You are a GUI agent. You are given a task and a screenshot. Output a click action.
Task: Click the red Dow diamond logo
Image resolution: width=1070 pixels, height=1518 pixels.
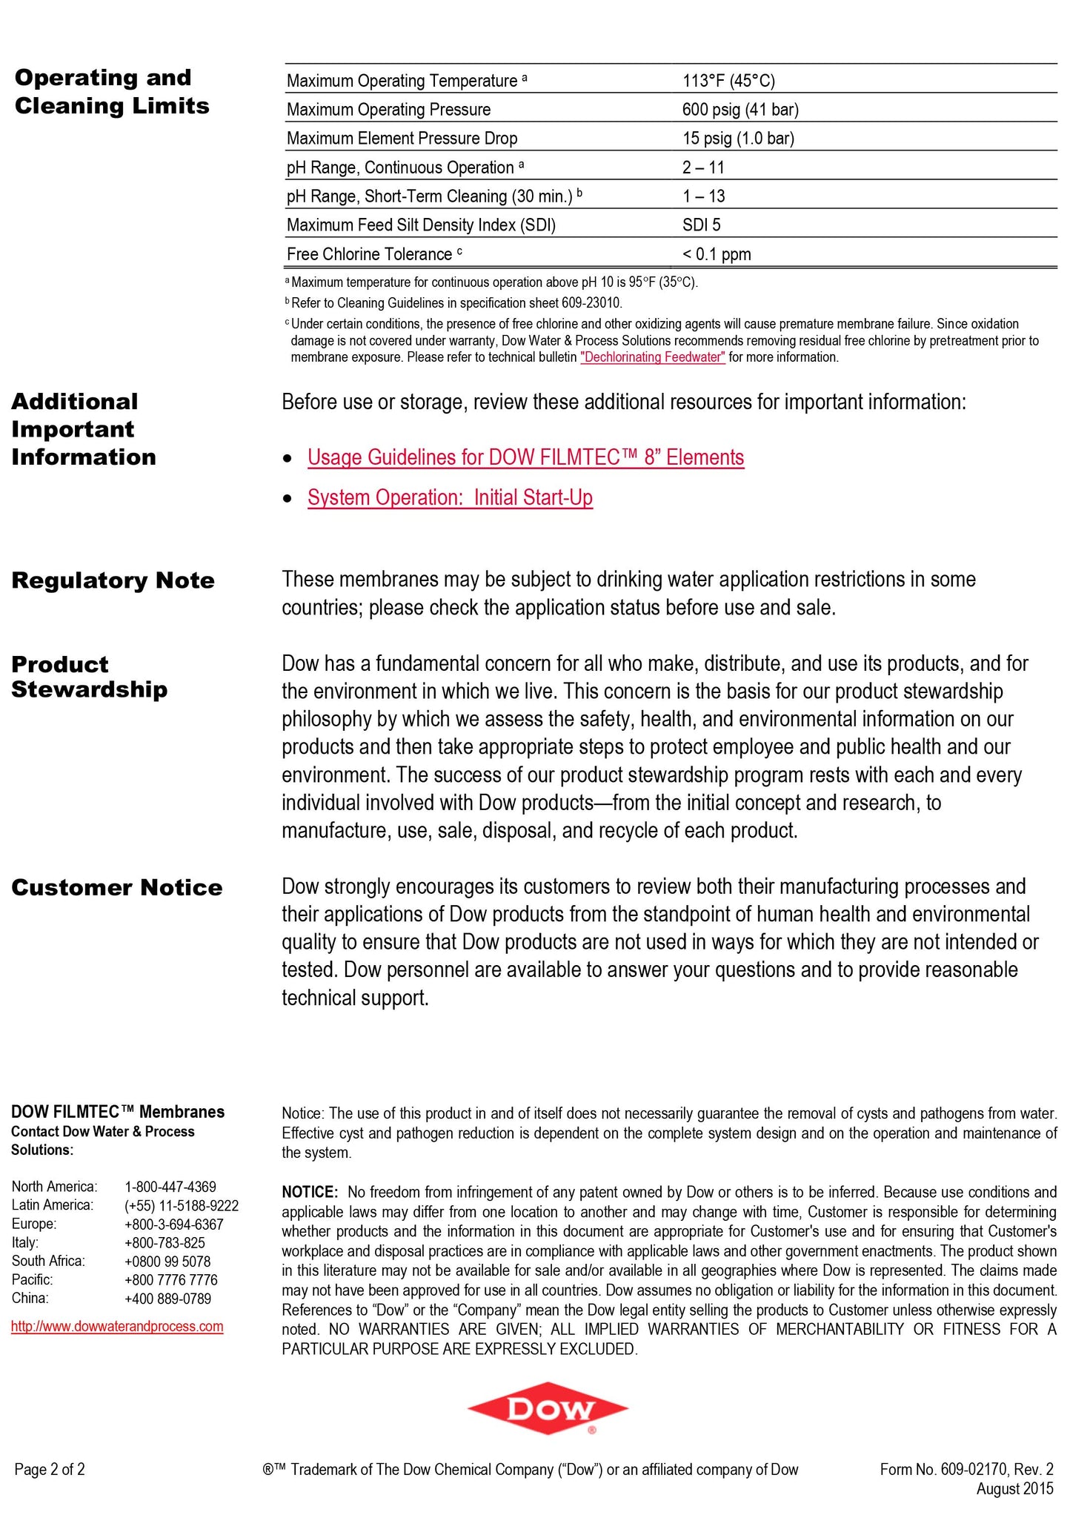pyautogui.click(x=548, y=1409)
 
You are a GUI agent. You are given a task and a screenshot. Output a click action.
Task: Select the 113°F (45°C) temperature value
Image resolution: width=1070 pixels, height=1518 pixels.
pyautogui.click(x=728, y=81)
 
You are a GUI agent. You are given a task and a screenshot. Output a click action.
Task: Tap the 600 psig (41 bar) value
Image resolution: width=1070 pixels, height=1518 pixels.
pyautogui.click(x=740, y=110)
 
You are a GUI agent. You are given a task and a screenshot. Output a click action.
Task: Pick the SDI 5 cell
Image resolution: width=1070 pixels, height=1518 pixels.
pyautogui.click(x=701, y=225)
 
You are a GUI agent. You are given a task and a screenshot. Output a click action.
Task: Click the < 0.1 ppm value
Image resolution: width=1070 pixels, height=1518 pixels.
pyautogui.click(x=716, y=254)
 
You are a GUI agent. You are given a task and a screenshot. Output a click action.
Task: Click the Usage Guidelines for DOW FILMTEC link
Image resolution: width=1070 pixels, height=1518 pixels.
pyautogui.click(x=525, y=457)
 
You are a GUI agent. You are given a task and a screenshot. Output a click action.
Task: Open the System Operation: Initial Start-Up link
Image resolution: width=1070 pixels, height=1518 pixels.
pyautogui.click(x=450, y=497)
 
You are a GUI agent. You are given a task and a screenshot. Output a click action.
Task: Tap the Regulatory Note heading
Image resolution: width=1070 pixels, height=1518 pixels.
pyautogui.click(x=113, y=580)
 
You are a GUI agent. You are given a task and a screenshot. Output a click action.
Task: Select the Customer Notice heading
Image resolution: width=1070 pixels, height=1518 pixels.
pyautogui.click(x=116, y=887)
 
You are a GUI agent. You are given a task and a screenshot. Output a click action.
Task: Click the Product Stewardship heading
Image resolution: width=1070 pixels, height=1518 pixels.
pyautogui.click(x=89, y=677)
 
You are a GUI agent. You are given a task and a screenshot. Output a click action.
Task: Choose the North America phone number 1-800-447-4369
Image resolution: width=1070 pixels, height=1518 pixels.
pyautogui.click(x=170, y=1187)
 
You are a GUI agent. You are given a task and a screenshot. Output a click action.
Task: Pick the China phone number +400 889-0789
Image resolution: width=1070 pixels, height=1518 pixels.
pyautogui.click(x=167, y=1298)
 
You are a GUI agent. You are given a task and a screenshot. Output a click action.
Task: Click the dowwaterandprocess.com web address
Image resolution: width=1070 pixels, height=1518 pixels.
pyautogui.click(x=117, y=1326)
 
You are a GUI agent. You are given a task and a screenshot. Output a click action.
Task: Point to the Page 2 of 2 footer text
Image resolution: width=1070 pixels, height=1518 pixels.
pyautogui.click(x=50, y=1469)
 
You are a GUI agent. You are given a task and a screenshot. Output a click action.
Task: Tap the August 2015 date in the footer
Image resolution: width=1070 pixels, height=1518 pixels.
pyautogui.click(x=1014, y=1488)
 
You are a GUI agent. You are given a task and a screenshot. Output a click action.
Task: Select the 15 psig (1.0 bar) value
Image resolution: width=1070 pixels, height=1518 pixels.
pyautogui.click(x=737, y=139)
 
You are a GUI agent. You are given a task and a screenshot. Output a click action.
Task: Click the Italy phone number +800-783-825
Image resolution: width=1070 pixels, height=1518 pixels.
pyautogui.click(x=165, y=1242)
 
